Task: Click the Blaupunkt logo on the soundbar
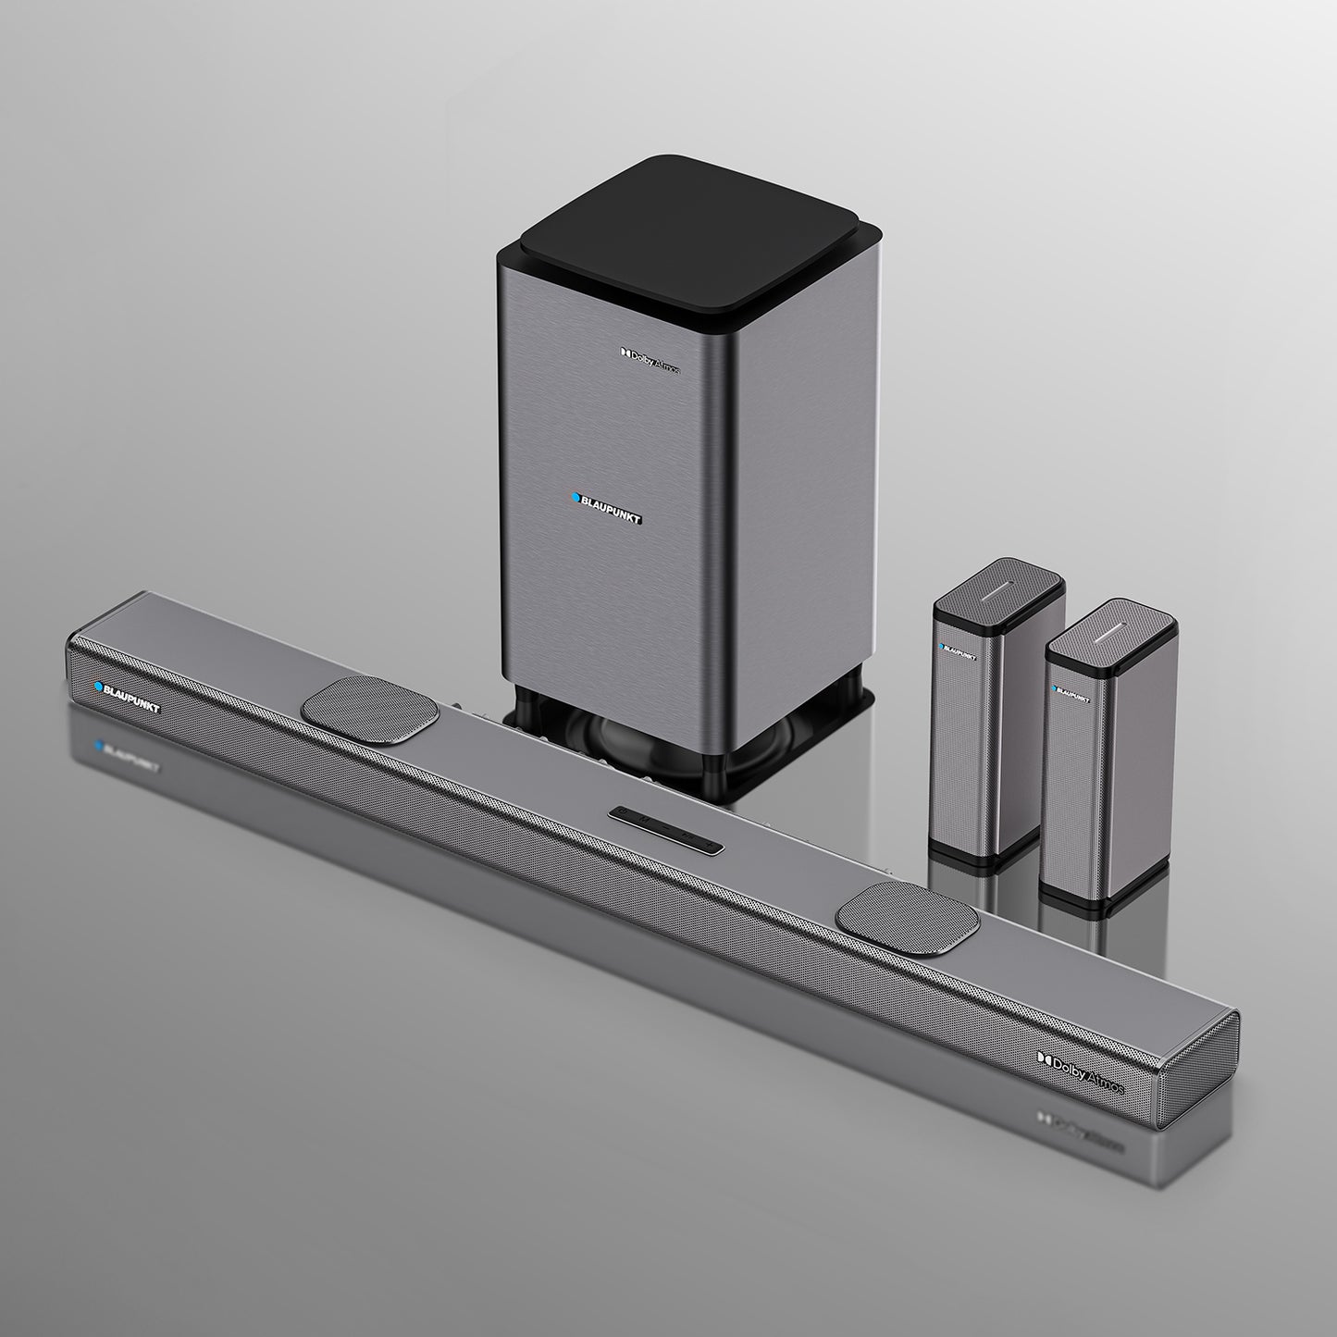point(128,697)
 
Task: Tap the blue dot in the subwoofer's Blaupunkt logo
point(575,498)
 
